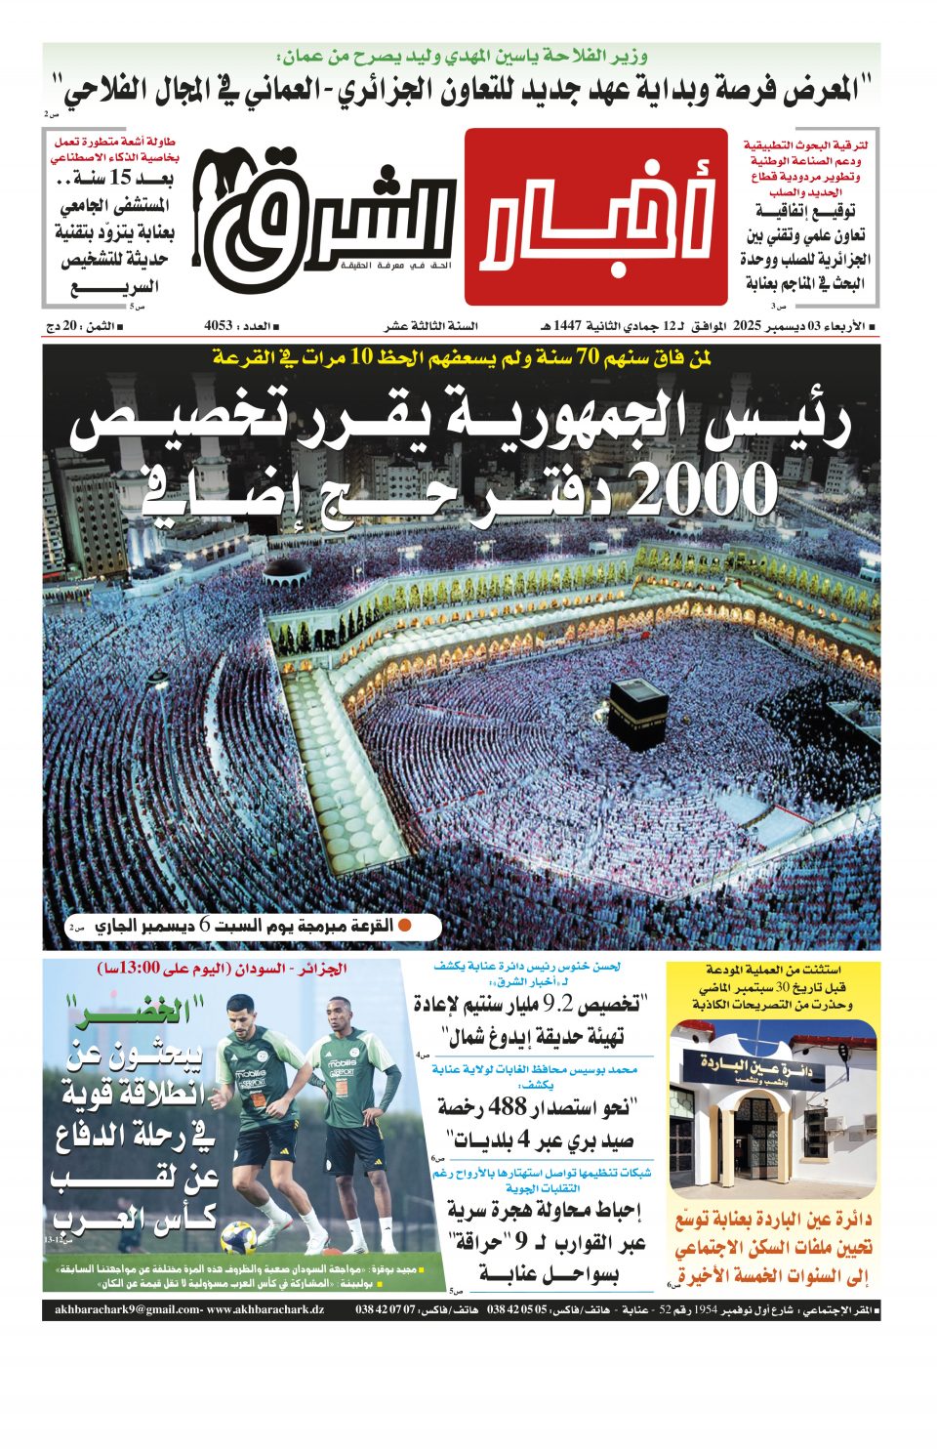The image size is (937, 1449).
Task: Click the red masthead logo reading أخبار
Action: tap(595, 217)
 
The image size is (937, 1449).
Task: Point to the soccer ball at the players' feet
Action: tap(237, 1238)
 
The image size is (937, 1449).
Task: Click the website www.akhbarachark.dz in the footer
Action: tap(265, 1309)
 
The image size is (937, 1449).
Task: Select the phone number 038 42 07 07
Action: tap(386, 1309)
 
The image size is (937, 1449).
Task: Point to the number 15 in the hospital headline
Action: tap(120, 178)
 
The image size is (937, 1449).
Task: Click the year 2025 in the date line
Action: tap(748, 326)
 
